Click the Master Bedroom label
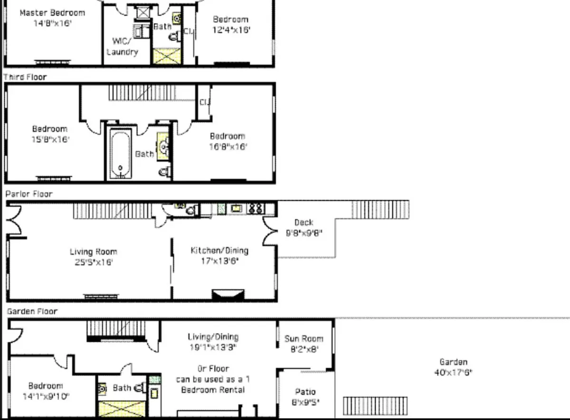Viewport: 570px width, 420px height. pos(52,13)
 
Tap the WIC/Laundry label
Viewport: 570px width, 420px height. pos(123,46)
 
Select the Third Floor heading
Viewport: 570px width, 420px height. pos(26,77)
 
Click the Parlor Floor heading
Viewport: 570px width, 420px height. pos(29,194)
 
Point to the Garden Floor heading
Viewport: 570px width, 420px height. pos(32,311)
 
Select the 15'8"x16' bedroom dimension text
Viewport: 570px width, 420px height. pos(50,140)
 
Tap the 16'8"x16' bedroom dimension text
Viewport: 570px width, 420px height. pos(228,147)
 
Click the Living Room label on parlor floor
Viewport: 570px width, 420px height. pos(93,252)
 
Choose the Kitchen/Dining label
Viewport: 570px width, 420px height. pos(219,251)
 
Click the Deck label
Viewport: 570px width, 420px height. pos(304,222)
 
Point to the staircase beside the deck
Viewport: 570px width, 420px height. pos(380,209)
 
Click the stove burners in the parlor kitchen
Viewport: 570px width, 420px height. pos(256,208)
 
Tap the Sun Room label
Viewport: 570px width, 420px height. pos(304,338)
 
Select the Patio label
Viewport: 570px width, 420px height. pos(305,392)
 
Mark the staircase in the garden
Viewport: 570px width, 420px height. pos(375,406)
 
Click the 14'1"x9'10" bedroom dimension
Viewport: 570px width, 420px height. pos(46,396)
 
